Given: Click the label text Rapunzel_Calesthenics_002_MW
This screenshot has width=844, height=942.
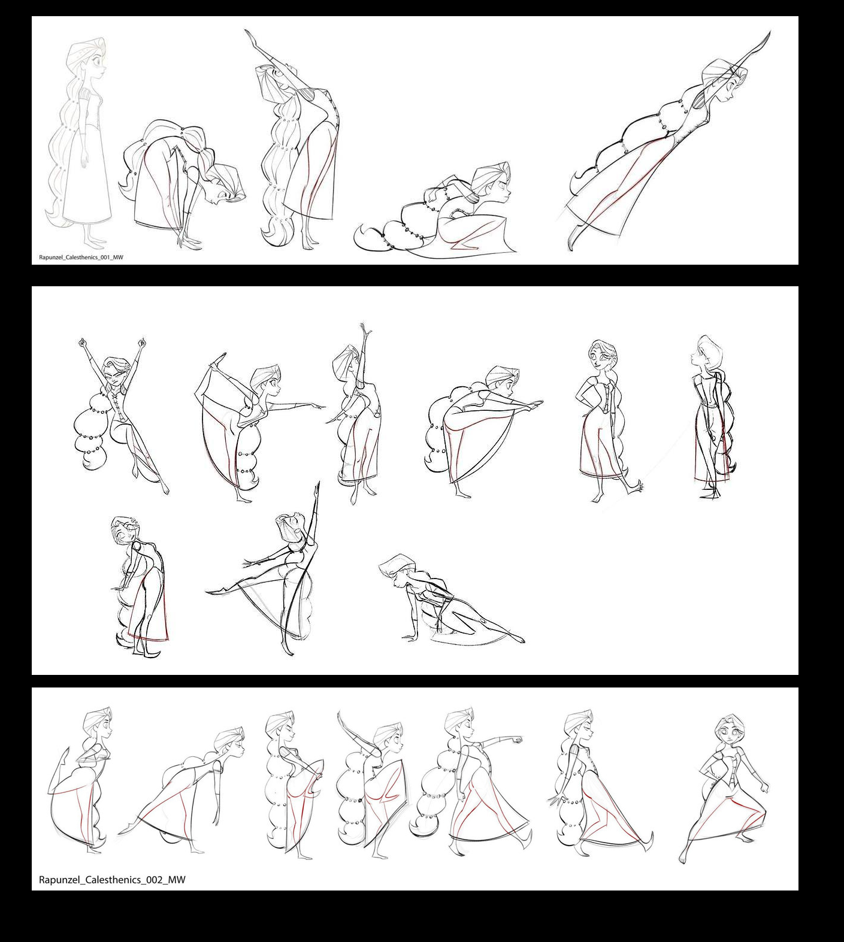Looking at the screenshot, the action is point(112,880).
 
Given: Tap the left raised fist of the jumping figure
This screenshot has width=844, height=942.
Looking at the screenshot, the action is point(82,343).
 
